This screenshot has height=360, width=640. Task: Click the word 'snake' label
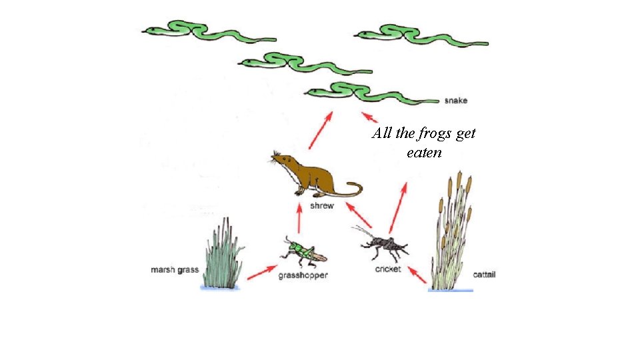point(456,101)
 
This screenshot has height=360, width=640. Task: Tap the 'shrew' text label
point(322,206)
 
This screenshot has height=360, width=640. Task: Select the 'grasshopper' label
point(303,276)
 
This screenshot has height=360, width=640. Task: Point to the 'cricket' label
point(387,269)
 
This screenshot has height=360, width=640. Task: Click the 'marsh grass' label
point(175,270)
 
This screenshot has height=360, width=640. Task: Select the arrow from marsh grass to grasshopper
point(262,272)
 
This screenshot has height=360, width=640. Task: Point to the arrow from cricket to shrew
point(359,216)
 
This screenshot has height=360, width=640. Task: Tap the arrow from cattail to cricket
point(417,275)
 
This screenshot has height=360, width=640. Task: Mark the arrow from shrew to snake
point(321,130)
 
